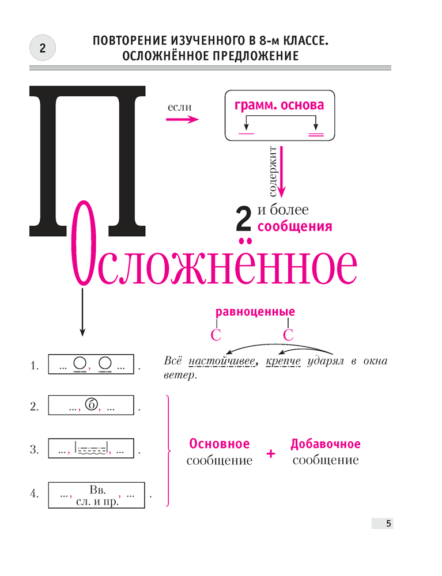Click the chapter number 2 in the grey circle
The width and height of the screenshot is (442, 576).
pos(42,49)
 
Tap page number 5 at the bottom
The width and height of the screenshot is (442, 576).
pos(388,524)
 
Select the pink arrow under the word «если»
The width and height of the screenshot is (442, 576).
pos(182,119)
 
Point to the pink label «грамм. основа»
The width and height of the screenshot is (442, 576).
pos(279,105)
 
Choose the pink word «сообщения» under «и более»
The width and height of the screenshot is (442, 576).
pos(294,226)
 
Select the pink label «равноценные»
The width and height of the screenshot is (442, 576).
pos(255,312)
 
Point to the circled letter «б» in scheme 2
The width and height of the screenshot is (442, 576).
pos(91,405)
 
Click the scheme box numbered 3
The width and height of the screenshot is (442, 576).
pos(92,449)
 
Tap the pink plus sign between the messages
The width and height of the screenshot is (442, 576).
pos(271,454)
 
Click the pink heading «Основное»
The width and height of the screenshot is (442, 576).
pos(220,444)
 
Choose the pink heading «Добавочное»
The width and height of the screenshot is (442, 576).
pos(326,444)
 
